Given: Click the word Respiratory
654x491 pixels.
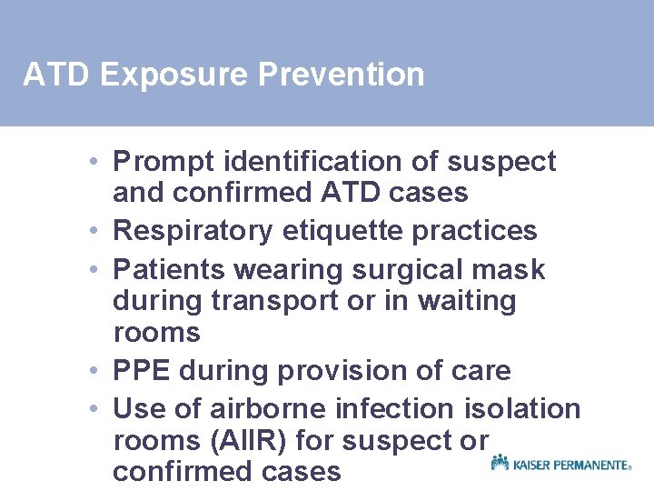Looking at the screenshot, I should tap(193, 231).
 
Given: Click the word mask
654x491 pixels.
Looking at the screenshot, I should tap(513, 269).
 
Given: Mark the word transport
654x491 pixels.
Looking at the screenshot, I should tap(292, 301).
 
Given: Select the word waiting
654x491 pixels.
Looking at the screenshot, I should tap(469, 301).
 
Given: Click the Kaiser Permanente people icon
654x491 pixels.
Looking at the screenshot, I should tap(500, 463).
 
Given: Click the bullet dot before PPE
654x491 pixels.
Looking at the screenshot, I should tap(94, 371).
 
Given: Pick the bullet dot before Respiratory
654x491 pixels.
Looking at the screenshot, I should tap(94, 231).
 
